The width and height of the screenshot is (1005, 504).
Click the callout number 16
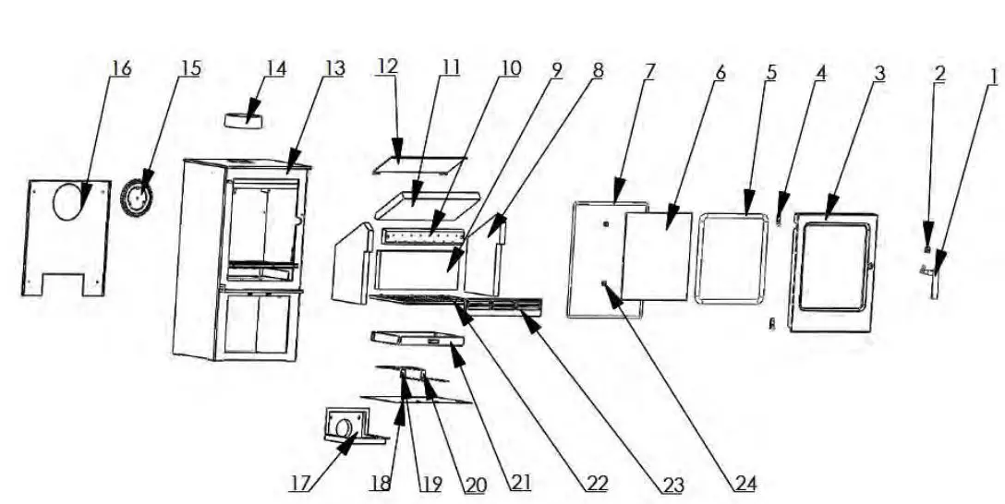pyautogui.click(x=121, y=69)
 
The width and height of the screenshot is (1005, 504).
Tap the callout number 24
pyautogui.click(x=745, y=483)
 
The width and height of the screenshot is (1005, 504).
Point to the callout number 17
pyautogui.click(x=301, y=483)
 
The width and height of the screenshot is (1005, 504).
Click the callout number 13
pyautogui.click(x=334, y=69)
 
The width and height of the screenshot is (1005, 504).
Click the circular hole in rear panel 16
pyautogui.click(x=67, y=200)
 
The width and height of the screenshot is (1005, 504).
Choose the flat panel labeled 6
pyautogui.click(x=658, y=256)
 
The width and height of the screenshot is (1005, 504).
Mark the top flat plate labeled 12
pyautogui.click(x=418, y=163)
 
